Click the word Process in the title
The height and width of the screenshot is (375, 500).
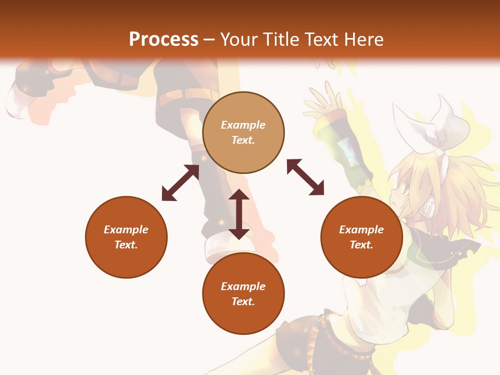164,40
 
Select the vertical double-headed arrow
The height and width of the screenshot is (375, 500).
239,214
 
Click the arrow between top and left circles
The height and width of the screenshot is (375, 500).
180,183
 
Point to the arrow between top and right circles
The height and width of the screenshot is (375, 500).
305,178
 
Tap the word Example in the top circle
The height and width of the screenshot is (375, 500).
243,125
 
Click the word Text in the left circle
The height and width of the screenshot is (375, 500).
126,245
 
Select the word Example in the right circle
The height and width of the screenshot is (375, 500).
361,230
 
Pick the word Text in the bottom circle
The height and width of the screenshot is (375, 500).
243,302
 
